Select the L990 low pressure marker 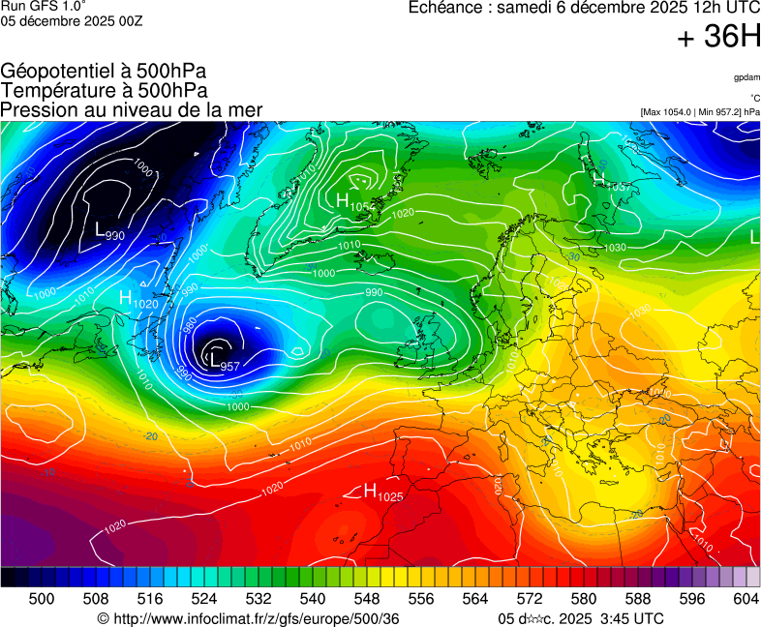click(x=109, y=232)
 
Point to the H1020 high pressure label click(x=138, y=300)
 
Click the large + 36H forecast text click(x=718, y=38)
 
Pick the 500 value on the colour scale click(x=42, y=600)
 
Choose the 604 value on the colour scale click(x=746, y=600)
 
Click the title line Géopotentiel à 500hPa click(x=104, y=72)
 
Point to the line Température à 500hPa click(x=104, y=90)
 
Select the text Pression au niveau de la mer click(x=132, y=109)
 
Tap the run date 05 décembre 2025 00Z click(x=72, y=21)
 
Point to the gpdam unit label click(x=746, y=77)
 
